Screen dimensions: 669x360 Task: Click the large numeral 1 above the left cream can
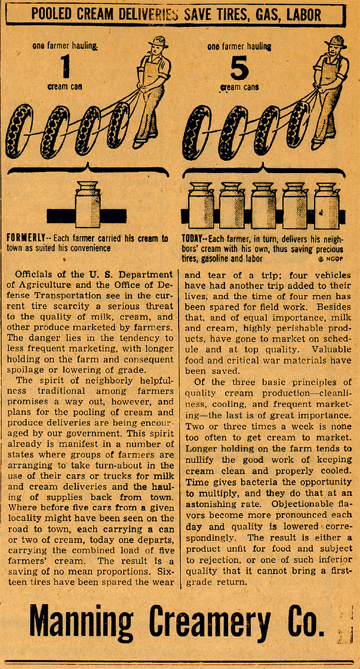(66, 67)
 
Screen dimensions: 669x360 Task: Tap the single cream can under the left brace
(88, 204)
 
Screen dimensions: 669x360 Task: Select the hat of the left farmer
(159, 42)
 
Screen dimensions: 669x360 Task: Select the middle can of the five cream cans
(263, 205)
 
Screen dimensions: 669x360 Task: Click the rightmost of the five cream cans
(326, 205)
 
